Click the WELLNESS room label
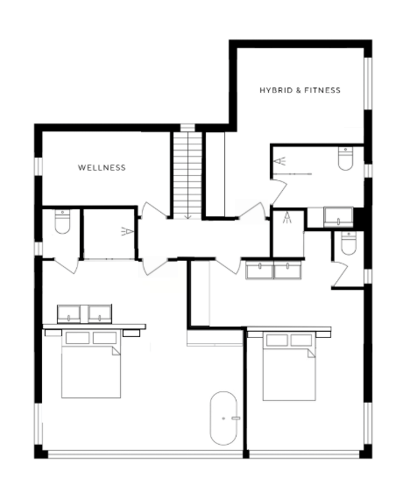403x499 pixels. coord(102,167)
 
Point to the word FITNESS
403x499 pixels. coord(322,90)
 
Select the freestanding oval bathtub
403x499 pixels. coord(223,418)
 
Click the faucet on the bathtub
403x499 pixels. coord(236,418)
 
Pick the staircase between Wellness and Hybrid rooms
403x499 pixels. coord(187,175)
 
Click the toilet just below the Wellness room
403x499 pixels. coord(62,221)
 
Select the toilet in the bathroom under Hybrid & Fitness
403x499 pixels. coord(345,158)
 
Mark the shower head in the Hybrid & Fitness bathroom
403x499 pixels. coord(279,161)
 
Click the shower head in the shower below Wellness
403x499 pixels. coord(127,231)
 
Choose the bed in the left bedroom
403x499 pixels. coord(91,364)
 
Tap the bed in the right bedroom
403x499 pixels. coord(289,367)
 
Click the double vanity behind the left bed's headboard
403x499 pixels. coord(84,313)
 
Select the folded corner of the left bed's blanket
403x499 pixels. coord(116,350)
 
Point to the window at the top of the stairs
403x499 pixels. coord(187,128)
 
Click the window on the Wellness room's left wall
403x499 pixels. coord(39,166)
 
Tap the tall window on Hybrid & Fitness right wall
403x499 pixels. coord(368,84)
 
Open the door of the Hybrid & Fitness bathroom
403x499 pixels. coord(279,193)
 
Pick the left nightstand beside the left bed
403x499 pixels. coord(53,333)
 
